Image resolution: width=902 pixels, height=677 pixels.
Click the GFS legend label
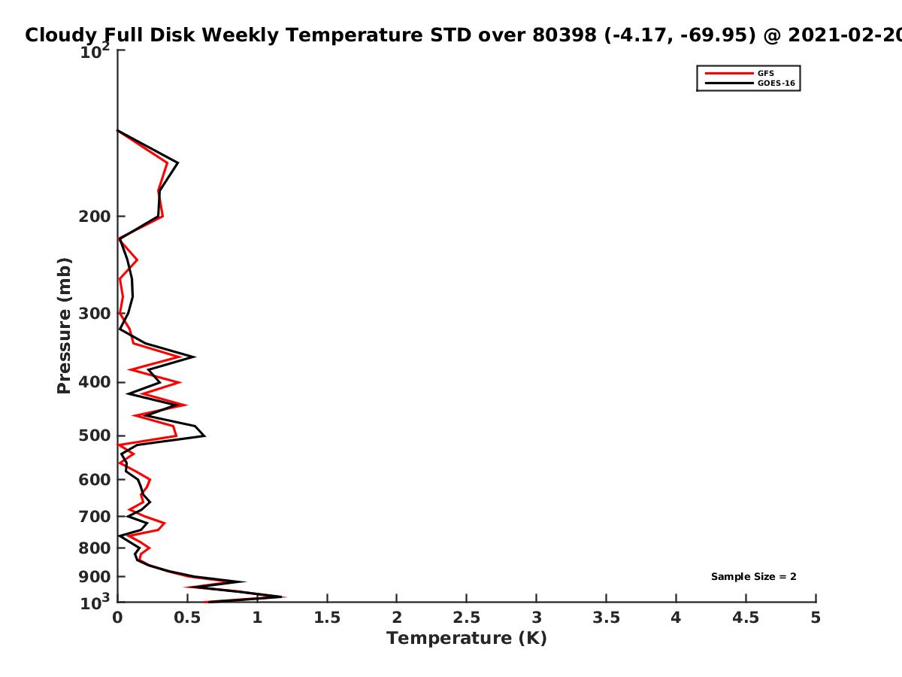click(765, 73)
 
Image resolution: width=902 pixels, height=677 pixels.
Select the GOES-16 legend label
click(776, 83)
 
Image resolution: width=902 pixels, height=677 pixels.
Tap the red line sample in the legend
click(729, 73)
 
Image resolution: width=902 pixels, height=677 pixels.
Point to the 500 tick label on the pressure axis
click(95, 436)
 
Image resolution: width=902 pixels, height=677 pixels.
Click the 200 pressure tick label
click(95, 216)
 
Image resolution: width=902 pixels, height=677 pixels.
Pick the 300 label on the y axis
click(95, 314)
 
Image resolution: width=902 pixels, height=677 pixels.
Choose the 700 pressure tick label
click(95, 516)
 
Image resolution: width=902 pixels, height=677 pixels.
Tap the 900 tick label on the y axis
click(95, 577)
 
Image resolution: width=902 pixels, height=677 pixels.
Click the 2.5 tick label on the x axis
click(467, 618)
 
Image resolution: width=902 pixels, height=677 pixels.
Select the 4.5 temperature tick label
click(746, 618)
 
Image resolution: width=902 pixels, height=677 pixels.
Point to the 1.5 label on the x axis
click(327, 618)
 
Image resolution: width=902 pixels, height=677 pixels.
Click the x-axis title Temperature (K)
click(467, 639)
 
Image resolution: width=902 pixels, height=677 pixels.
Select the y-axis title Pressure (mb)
click(64, 326)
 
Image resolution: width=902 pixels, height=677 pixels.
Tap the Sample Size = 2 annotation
click(754, 577)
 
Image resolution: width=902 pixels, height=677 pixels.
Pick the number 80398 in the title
click(565, 35)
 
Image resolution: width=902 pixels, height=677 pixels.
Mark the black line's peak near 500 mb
click(204, 436)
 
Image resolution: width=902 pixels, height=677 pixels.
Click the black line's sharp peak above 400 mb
click(194, 357)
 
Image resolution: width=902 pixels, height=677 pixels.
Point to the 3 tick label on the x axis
click(536, 618)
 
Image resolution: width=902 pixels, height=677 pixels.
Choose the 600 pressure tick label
click(95, 479)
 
